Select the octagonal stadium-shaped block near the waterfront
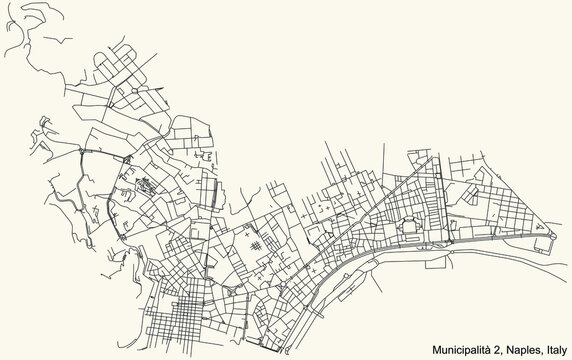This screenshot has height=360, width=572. click(410, 229)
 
